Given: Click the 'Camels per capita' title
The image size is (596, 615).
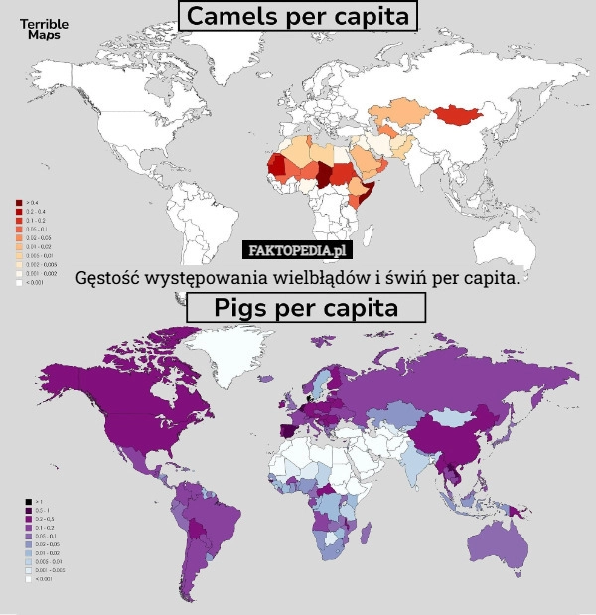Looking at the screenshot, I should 297,17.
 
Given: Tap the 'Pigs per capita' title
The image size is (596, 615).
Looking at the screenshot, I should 306,308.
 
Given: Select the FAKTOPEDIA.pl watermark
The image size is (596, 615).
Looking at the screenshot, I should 297,249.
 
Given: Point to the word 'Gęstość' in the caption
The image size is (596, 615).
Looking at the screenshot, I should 108,276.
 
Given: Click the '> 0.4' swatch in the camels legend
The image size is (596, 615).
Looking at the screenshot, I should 18,202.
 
